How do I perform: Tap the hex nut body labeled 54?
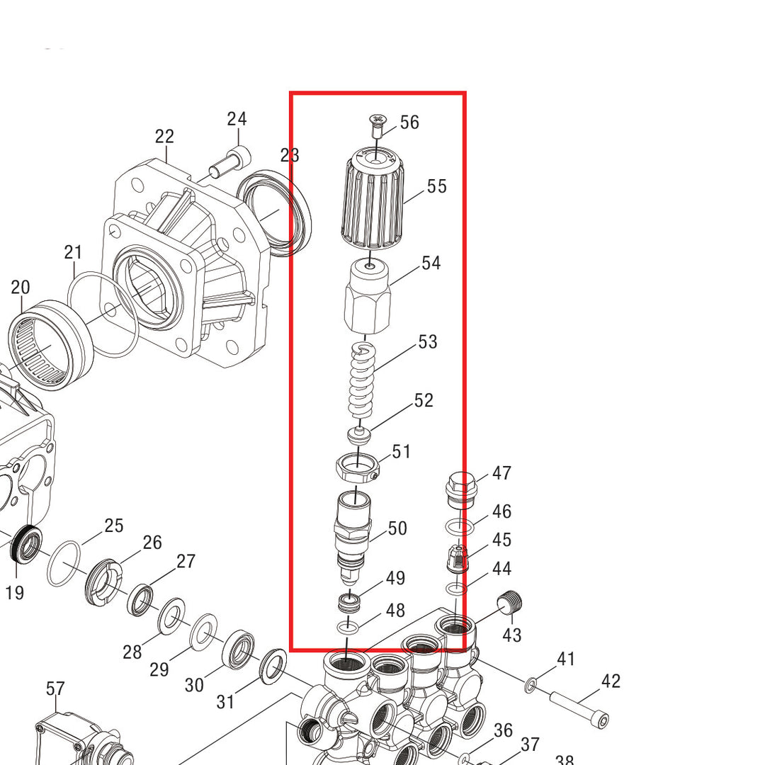[x=367, y=297]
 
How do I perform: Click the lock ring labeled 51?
[x=357, y=467]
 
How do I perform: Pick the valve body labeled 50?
[x=352, y=528]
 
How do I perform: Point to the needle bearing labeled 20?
[x=50, y=344]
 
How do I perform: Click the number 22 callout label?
[x=164, y=137]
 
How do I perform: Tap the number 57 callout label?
[x=55, y=688]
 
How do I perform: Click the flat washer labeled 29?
[x=203, y=631]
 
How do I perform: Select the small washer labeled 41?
[x=530, y=685]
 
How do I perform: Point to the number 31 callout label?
[x=225, y=702]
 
